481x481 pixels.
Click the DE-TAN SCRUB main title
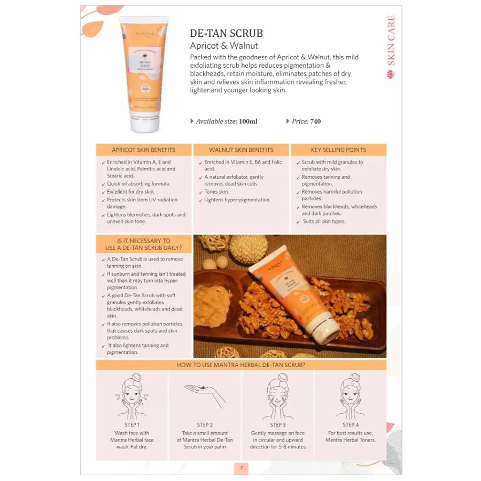coord(227,33)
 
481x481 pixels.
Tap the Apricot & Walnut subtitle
coord(224,45)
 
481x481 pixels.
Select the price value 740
coord(315,121)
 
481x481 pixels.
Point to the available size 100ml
coord(248,121)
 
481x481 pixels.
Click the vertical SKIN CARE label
coord(391,41)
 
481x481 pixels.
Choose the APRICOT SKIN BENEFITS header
coord(143,150)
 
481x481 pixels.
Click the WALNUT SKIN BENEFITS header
coord(241,150)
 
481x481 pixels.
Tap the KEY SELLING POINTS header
coord(338,150)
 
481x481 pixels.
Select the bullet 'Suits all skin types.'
coord(324,221)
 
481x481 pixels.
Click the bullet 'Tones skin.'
coord(216,192)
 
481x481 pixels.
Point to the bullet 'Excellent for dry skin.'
coord(130,192)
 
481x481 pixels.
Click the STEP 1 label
coord(131,425)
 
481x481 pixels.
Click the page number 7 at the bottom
coord(241,468)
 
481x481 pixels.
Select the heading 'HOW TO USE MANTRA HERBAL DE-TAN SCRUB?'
coord(241,365)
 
